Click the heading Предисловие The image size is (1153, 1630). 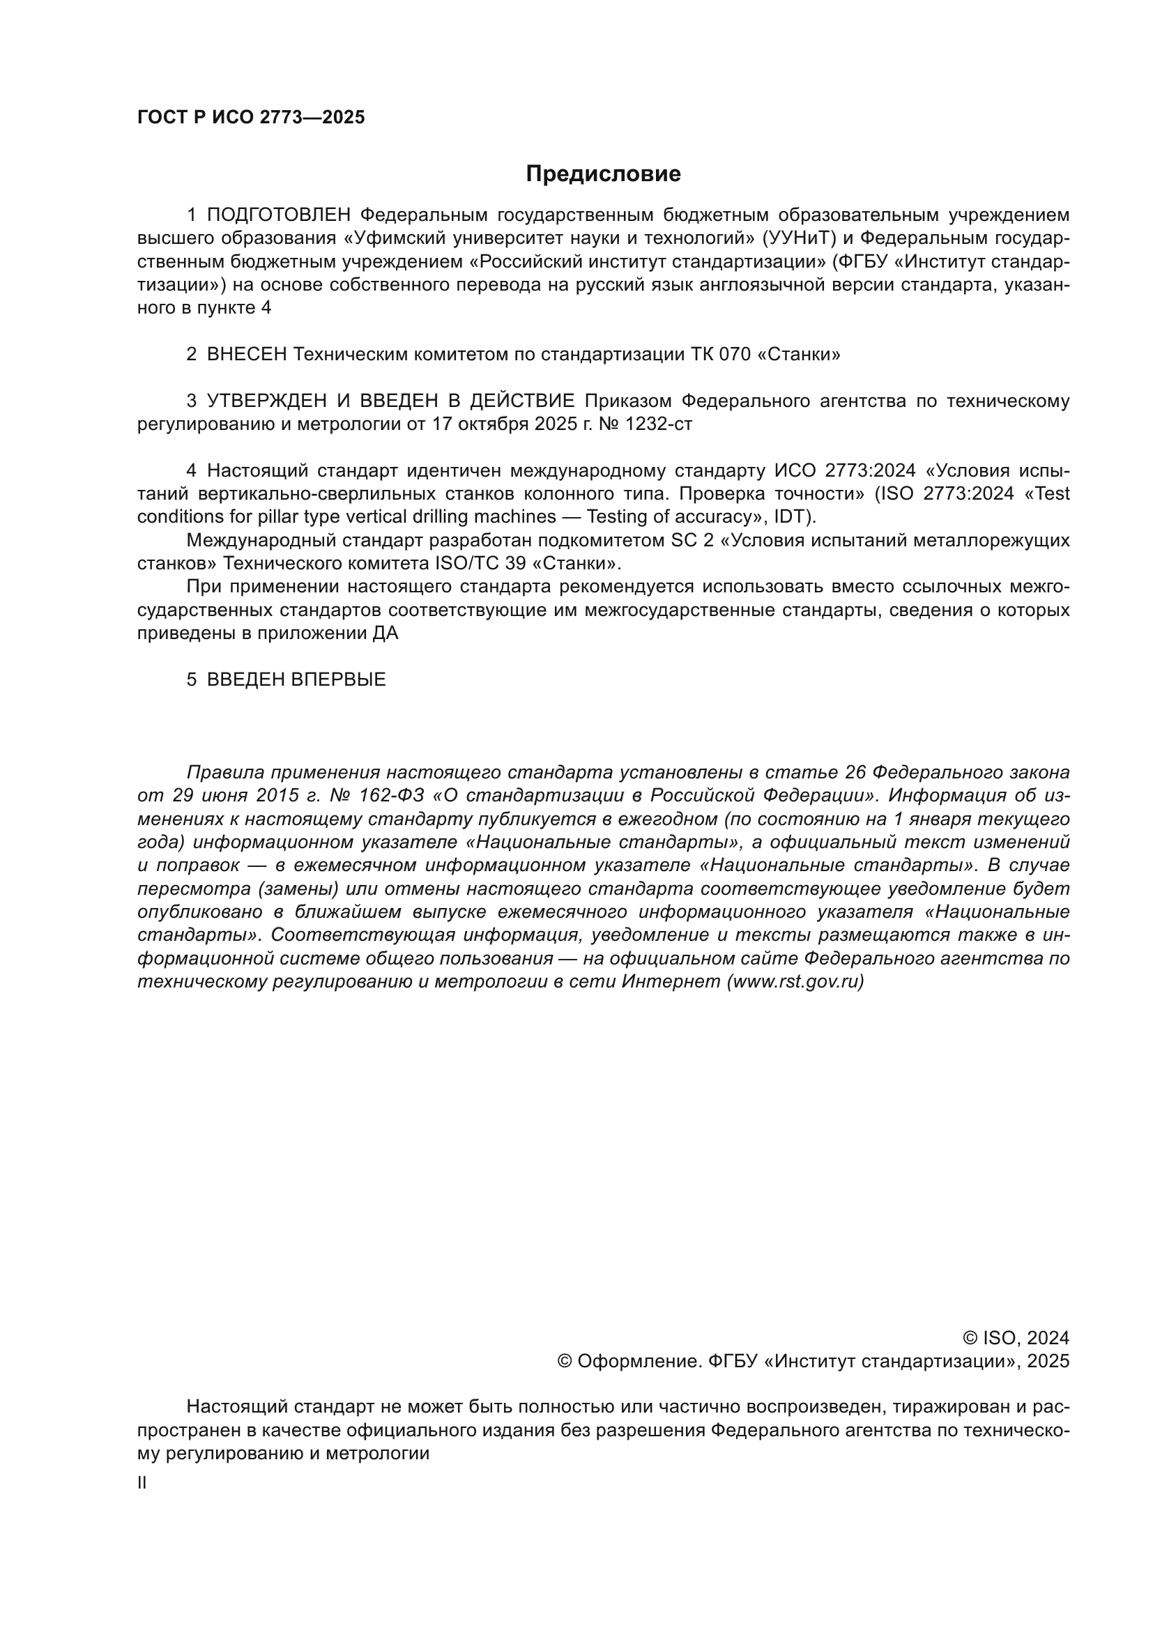(x=603, y=174)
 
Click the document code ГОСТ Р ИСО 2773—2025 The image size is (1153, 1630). (x=251, y=118)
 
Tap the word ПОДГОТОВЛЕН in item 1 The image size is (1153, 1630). (x=279, y=215)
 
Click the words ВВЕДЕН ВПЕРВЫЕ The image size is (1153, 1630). (x=296, y=680)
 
